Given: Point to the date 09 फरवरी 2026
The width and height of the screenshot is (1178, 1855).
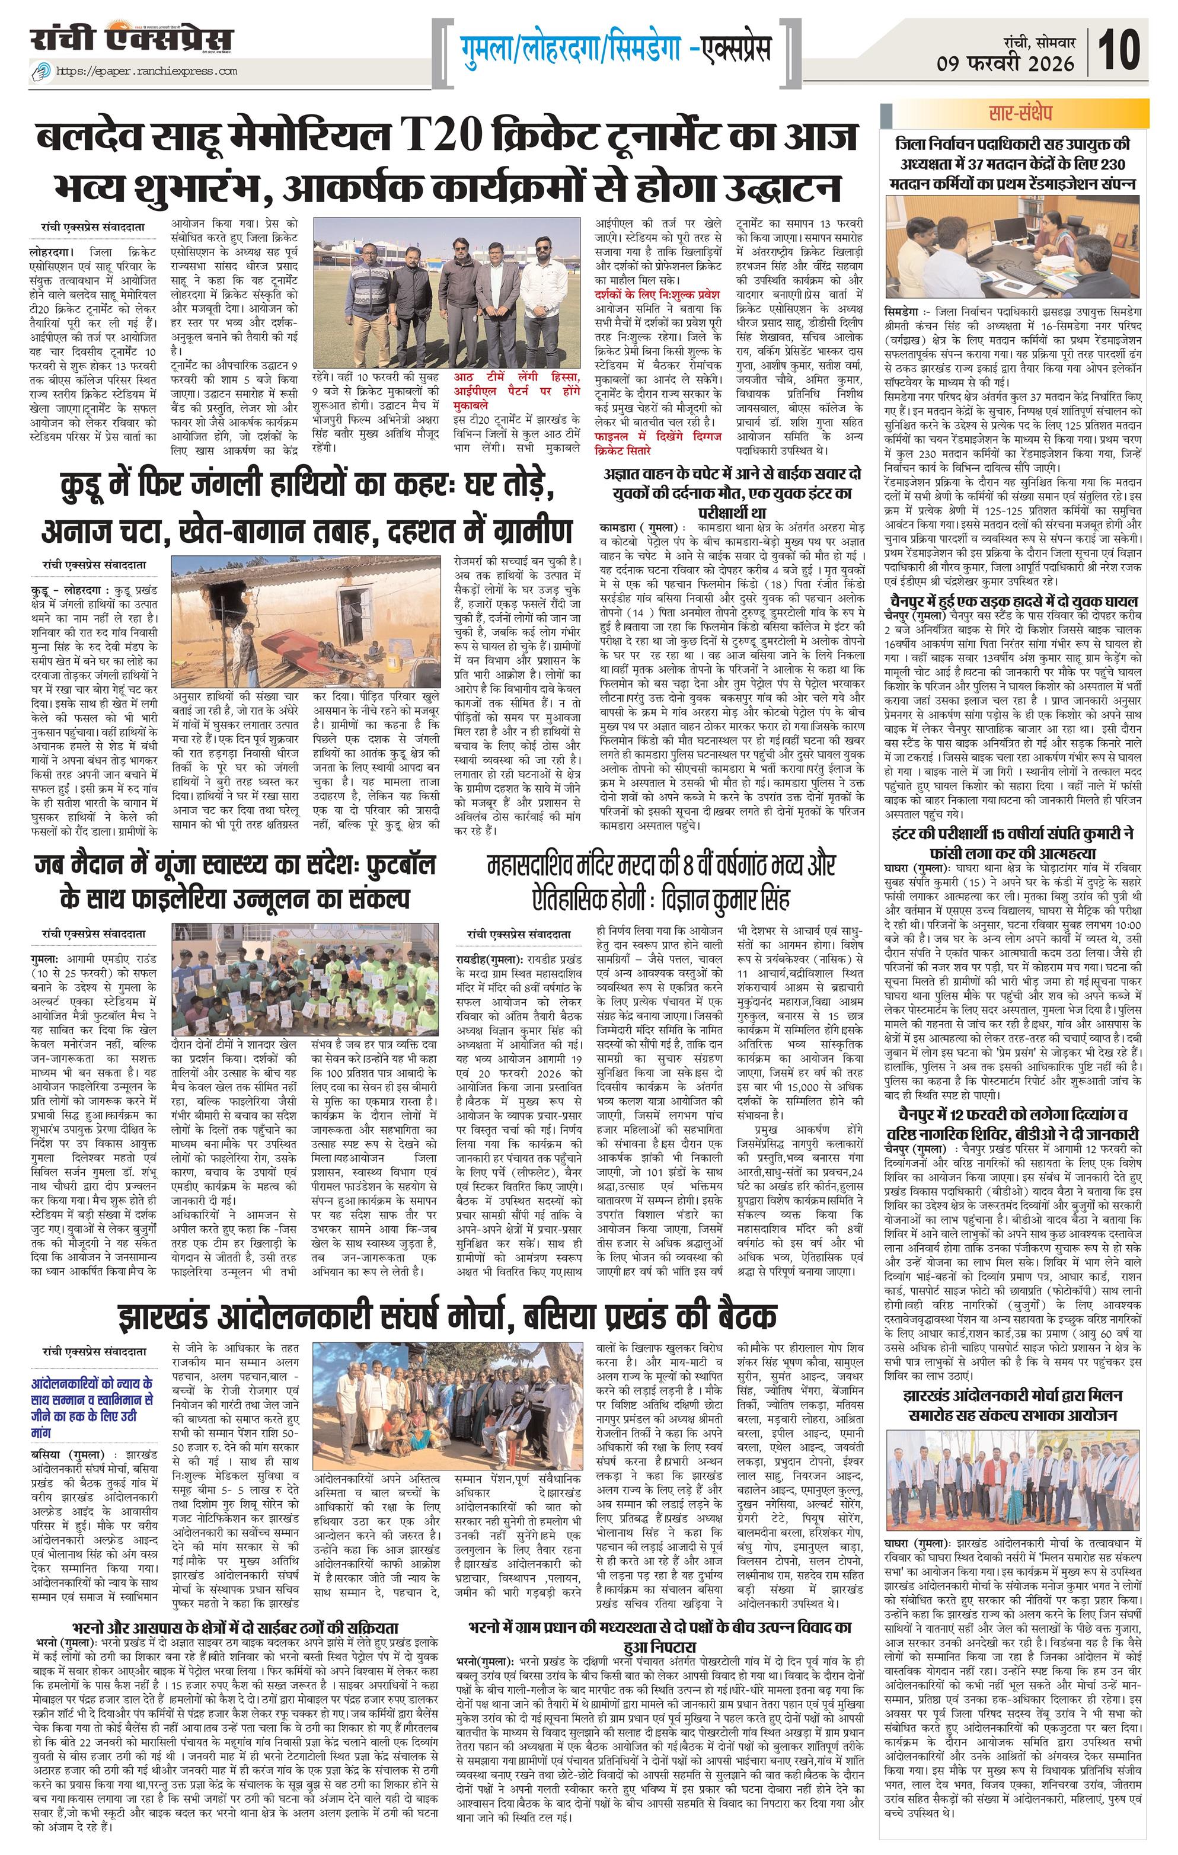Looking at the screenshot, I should pos(1005,63).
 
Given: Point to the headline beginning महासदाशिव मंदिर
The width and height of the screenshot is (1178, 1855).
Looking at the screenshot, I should pos(661,866).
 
